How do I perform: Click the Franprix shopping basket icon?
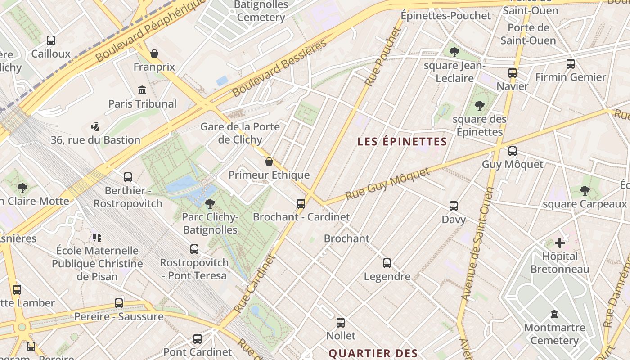(x=154, y=54)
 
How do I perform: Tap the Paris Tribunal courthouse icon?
(x=143, y=90)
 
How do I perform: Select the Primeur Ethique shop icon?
(x=269, y=162)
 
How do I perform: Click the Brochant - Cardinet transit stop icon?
(x=301, y=203)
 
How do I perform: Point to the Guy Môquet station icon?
(x=512, y=151)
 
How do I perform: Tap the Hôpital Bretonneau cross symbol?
(x=560, y=243)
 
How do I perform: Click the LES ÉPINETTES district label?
(x=402, y=142)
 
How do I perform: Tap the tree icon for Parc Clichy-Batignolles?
(x=210, y=204)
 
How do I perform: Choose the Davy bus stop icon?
(x=454, y=206)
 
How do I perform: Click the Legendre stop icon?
(x=387, y=263)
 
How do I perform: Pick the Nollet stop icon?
(x=341, y=323)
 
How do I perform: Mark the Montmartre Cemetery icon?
(x=554, y=314)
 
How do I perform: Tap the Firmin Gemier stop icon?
(x=571, y=64)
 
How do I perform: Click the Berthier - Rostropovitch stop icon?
(x=128, y=177)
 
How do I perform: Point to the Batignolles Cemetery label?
(x=261, y=11)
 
